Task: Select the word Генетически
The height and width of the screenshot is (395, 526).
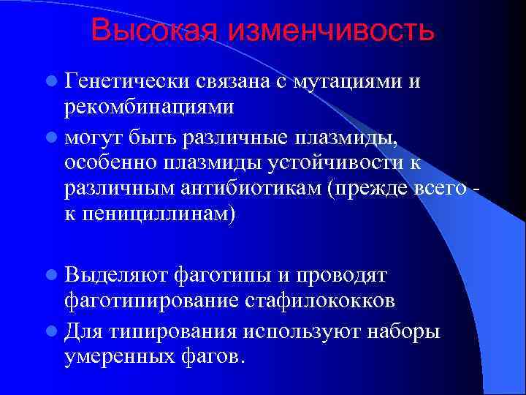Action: click(x=125, y=81)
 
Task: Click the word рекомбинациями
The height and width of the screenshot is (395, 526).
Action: click(x=149, y=108)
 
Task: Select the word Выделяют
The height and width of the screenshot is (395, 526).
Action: click(x=115, y=274)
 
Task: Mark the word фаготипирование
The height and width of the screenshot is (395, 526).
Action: click(x=152, y=301)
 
